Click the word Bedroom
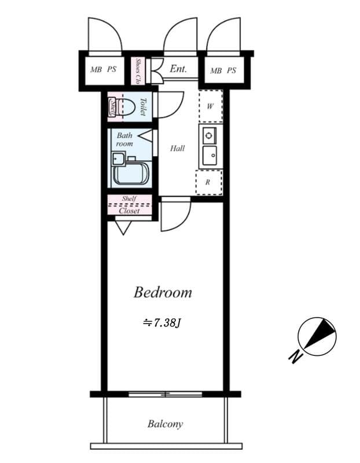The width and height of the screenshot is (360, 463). coord(163,292)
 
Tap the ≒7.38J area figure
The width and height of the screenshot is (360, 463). coord(163,322)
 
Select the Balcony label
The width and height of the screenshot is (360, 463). coord(165,424)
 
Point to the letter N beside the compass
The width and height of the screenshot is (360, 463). coord(296,358)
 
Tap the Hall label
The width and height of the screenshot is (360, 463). coord(177,149)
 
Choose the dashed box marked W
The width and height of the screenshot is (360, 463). coord(211,106)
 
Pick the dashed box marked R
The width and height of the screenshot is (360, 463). coord(208,182)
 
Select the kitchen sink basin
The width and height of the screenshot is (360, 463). coord(209,155)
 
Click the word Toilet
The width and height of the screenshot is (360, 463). coord(142,106)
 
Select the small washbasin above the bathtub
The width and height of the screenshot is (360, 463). coord(119,158)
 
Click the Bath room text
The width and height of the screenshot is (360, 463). coord(125,139)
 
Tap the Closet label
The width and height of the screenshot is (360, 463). coord(130,211)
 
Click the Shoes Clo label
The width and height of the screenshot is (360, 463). coord(139,71)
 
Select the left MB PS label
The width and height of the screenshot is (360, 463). coord(103,70)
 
